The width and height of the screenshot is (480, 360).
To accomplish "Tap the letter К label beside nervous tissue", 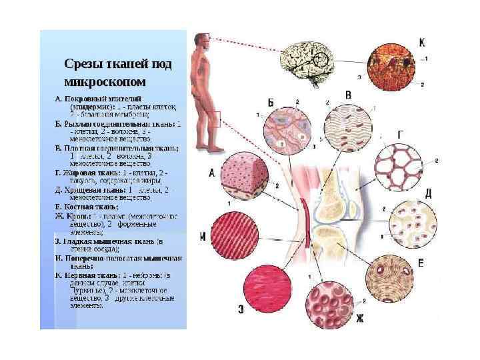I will (x=422, y=43).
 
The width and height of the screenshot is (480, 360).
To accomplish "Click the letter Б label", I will (x=271, y=102).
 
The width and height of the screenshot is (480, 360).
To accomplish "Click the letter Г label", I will (x=400, y=134).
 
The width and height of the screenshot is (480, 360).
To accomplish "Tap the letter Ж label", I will (x=359, y=319).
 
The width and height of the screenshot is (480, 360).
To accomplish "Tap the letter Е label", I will (x=421, y=264).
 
